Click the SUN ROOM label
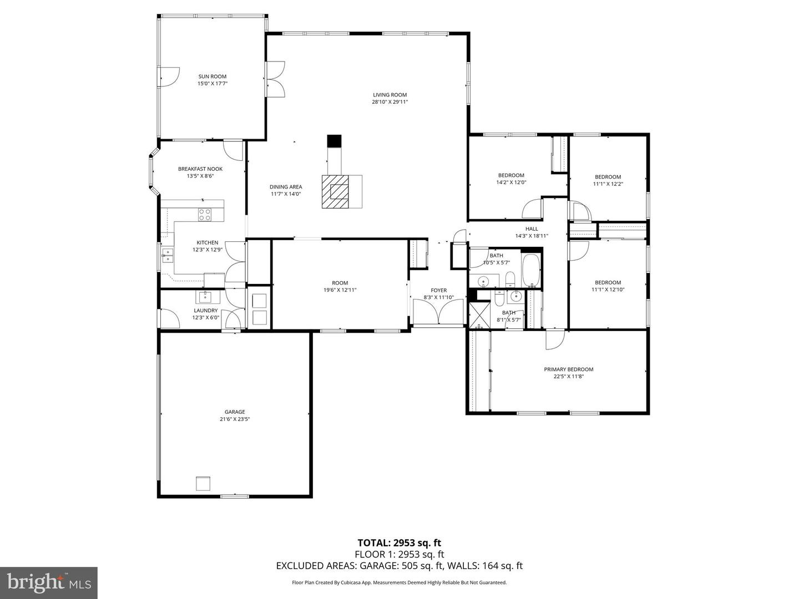[x=213, y=77]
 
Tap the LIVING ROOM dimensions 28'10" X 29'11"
[x=390, y=102]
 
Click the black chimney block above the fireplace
[x=334, y=141]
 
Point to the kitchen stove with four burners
[x=205, y=214]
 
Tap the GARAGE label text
[x=235, y=412]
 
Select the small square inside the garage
[x=203, y=483]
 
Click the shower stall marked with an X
[x=477, y=315]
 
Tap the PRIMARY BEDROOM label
[x=568, y=369]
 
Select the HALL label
[x=532, y=229]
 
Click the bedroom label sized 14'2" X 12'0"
[x=510, y=175]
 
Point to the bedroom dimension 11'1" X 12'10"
[x=608, y=290]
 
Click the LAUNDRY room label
[x=205, y=311]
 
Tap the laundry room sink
[x=206, y=296]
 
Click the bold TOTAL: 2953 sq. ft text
[x=399, y=542]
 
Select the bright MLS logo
[x=49, y=582]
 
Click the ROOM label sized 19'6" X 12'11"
[x=340, y=283]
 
